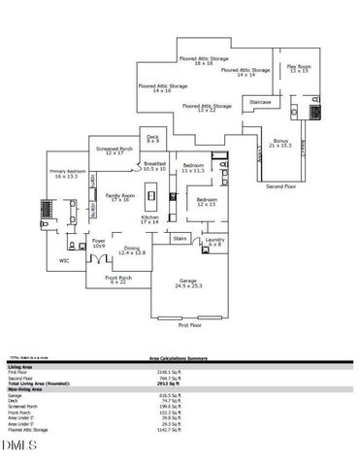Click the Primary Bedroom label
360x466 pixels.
coord(66,175)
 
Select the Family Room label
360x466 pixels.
coord(120,197)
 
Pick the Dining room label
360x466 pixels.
coord(134,250)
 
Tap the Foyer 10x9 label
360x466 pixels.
coord(99,243)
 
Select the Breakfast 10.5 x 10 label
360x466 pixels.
coord(154,166)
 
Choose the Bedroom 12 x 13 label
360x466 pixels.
coord(207,202)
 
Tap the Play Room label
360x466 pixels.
coord(298,68)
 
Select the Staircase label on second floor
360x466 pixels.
coord(260,101)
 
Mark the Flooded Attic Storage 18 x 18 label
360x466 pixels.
coord(204,60)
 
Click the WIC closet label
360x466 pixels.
coord(64,260)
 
